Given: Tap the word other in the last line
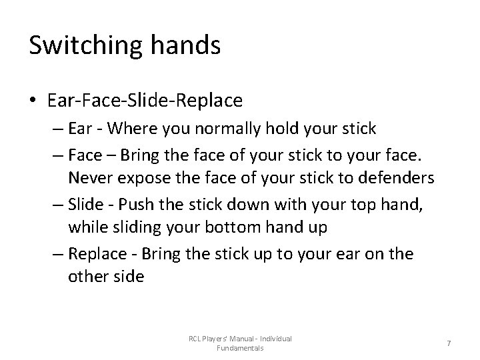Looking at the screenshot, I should (87, 277).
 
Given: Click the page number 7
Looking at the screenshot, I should (449, 343).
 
